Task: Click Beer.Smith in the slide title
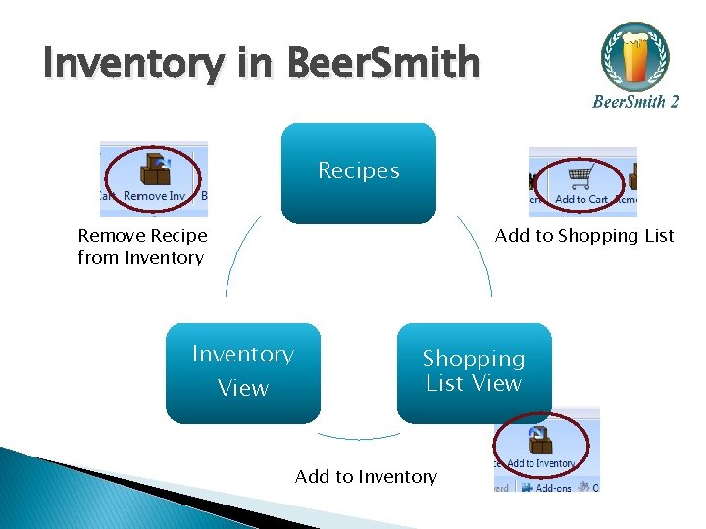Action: click(383, 65)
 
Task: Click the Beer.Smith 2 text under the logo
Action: click(634, 101)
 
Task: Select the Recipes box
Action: click(358, 172)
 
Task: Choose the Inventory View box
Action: click(242, 372)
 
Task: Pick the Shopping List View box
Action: click(474, 372)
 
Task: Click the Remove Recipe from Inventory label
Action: click(142, 247)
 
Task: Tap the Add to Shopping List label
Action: click(584, 235)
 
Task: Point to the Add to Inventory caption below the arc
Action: click(366, 477)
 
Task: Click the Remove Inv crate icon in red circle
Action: click(153, 170)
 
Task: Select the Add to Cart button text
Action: click(581, 200)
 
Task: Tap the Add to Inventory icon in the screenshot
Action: click(538, 439)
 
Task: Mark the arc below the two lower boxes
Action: click(359, 437)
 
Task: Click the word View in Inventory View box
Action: click(242, 389)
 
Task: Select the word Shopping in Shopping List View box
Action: click(474, 360)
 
